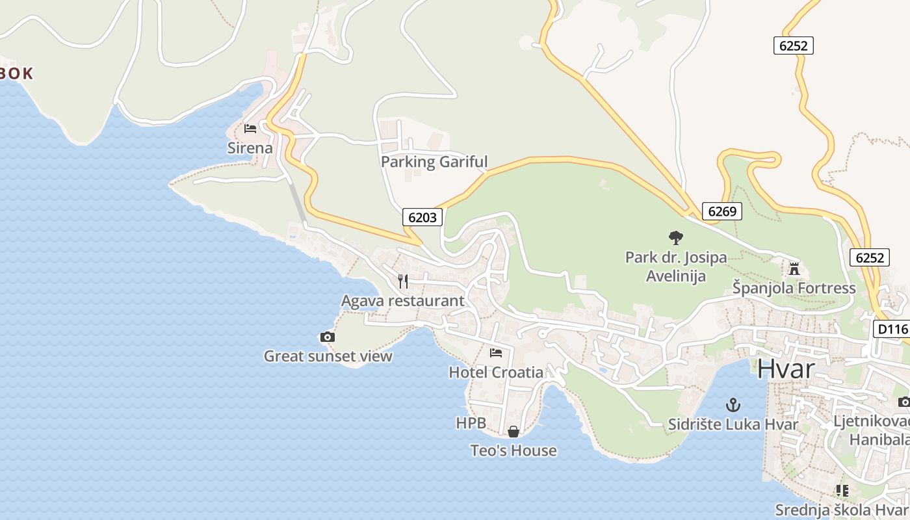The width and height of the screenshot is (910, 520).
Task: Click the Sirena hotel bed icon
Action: tap(250, 128)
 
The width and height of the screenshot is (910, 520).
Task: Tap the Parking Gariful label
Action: tap(434, 162)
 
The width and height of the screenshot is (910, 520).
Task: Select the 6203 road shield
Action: tap(422, 217)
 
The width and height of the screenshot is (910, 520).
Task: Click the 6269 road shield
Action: tap(721, 211)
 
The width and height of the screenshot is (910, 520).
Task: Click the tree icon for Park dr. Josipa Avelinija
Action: tap(676, 238)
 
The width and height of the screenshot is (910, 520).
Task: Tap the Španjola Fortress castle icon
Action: tap(794, 268)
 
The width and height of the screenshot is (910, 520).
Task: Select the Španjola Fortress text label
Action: tap(794, 288)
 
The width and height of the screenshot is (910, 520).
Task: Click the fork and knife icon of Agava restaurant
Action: tap(403, 281)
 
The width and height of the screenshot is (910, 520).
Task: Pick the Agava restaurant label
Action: tap(403, 301)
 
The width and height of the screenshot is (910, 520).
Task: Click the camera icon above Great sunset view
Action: tap(328, 337)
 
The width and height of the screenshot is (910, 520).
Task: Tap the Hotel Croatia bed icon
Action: tap(496, 353)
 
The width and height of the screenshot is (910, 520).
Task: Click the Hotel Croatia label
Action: tap(496, 372)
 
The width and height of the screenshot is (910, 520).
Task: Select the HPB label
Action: tap(471, 423)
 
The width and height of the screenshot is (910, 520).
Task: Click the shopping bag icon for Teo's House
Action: tap(513, 431)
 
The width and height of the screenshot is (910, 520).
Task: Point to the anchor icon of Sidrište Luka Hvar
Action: tap(733, 405)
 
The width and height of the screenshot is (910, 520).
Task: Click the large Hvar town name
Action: tap(785, 369)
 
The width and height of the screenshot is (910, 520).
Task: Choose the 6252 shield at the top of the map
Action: tap(794, 45)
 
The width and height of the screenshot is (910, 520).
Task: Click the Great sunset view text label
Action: tap(328, 356)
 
